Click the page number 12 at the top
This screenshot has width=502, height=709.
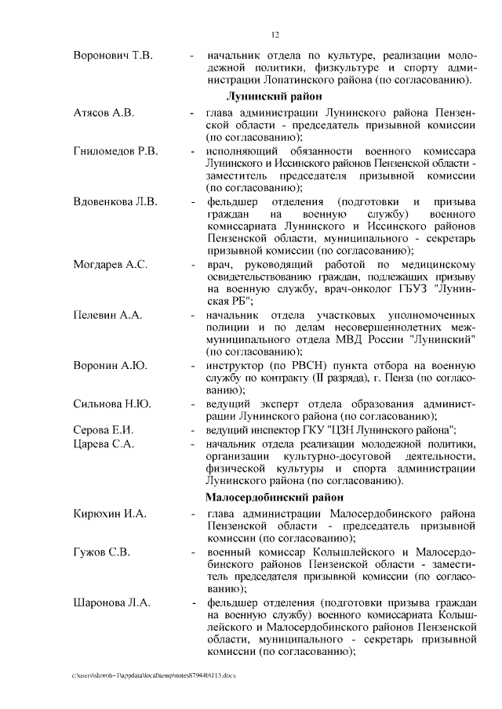point(275,34)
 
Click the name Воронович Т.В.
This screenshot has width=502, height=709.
point(112,56)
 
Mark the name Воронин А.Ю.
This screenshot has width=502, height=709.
point(107,365)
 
